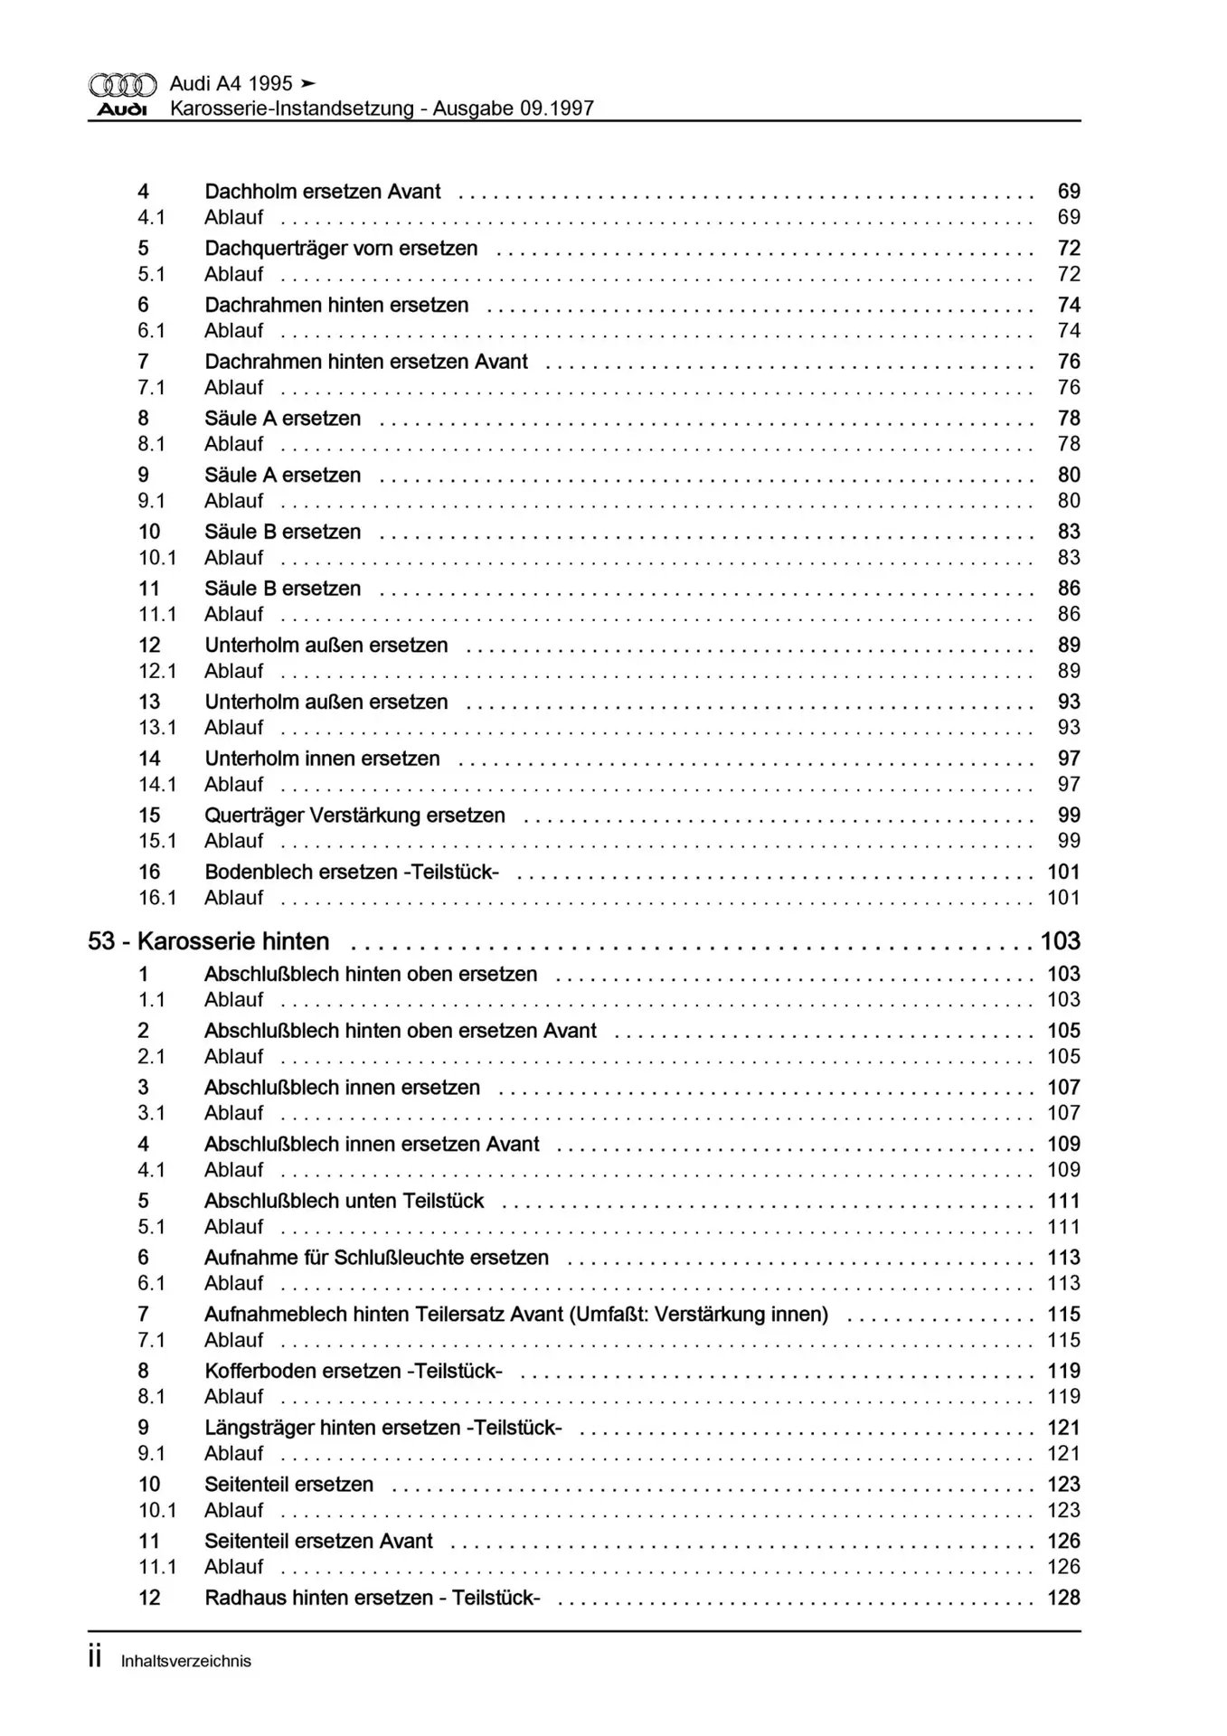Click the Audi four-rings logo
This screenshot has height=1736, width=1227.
point(122,85)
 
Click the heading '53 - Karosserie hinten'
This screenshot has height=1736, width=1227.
point(208,941)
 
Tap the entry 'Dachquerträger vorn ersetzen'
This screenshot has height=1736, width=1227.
point(341,249)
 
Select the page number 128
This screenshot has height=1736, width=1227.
point(1063,1598)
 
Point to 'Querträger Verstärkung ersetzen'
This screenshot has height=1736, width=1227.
point(354,816)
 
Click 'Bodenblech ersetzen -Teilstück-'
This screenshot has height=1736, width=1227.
point(352,873)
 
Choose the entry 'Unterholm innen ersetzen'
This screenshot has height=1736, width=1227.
point(322,759)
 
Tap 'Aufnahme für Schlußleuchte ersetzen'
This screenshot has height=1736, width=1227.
point(376,1258)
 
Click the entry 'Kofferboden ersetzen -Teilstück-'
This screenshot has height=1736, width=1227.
point(353,1371)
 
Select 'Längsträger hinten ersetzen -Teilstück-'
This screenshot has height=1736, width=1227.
point(382,1428)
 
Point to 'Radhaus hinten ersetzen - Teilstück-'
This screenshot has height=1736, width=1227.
point(373,1598)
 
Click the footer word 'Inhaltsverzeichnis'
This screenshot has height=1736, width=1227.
point(186,1661)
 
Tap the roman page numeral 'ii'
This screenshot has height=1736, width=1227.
point(95,1658)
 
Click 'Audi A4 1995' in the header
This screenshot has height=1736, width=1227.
point(231,84)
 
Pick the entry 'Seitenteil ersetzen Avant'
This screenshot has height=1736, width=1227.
point(318,1541)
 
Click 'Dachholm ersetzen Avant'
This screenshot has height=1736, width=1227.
point(323,192)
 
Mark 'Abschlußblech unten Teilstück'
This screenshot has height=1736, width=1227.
point(344,1201)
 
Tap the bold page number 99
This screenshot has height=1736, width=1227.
point(1069,816)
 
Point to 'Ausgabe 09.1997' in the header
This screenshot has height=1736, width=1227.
point(513,109)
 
